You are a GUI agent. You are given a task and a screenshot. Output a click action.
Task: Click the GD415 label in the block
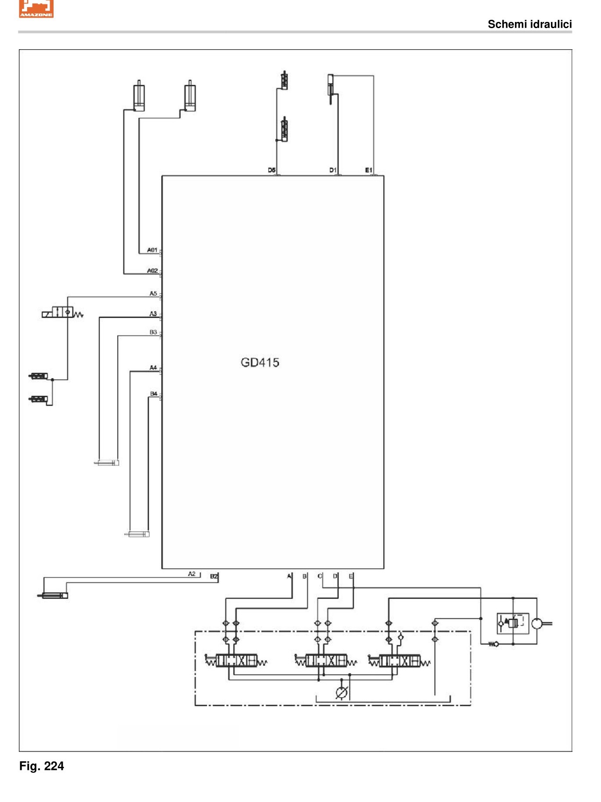pyautogui.click(x=260, y=363)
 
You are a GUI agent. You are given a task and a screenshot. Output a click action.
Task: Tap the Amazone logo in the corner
pyautogui.click(x=36, y=9)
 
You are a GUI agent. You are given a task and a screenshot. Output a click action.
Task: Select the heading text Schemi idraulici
pyautogui.click(x=530, y=24)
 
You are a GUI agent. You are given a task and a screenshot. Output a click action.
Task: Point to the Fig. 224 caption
pyautogui.click(x=42, y=766)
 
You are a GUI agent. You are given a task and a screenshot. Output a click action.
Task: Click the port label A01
pyautogui.click(x=152, y=250)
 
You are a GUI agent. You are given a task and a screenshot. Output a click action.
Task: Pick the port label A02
pyautogui.click(x=152, y=271)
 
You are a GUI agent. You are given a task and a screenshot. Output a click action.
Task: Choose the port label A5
pyautogui.click(x=153, y=293)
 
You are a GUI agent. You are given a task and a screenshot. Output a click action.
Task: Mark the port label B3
pyautogui.click(x=153, y=332)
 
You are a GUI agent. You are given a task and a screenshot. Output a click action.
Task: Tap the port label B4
pyautogui.click(x=154, y=394)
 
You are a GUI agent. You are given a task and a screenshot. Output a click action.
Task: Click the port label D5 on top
pyautogui.click(x=272, y=170)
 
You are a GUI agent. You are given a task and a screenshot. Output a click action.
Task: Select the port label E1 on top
pyautogui.click(x=369, y=170)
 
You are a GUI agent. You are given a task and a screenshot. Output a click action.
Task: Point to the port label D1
pyautogui.click(x=333, y=170)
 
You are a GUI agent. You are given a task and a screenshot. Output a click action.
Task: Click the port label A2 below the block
pyautogui.click(x=192, y=574)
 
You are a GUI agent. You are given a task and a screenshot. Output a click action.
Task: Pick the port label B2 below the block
pyautogui.click(x=214, y=576)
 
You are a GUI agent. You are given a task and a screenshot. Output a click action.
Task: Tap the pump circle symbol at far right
pyautogui.click(x=537, y=623)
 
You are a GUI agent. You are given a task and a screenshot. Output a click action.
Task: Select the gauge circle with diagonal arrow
pyautogui.click(x=342, y=693)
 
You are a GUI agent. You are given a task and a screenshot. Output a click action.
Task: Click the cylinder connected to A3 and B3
pyautogui.click(x=107, y=463)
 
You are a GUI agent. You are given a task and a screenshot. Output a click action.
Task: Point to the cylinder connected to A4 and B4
pyautogui.click(x=137, y=534)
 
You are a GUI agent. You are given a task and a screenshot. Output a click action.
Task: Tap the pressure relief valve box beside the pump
pyautogui.click(x=513, y=623)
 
